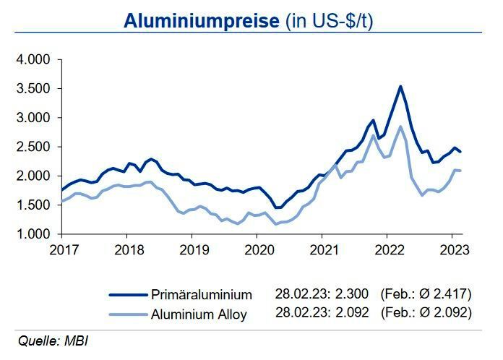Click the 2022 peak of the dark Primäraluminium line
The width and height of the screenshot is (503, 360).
click(400, 86)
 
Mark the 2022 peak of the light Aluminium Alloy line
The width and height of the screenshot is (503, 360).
click(400, 127)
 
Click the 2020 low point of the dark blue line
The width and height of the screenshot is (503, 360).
click(277, 207)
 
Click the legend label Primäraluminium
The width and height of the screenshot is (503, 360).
click(202, 294)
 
